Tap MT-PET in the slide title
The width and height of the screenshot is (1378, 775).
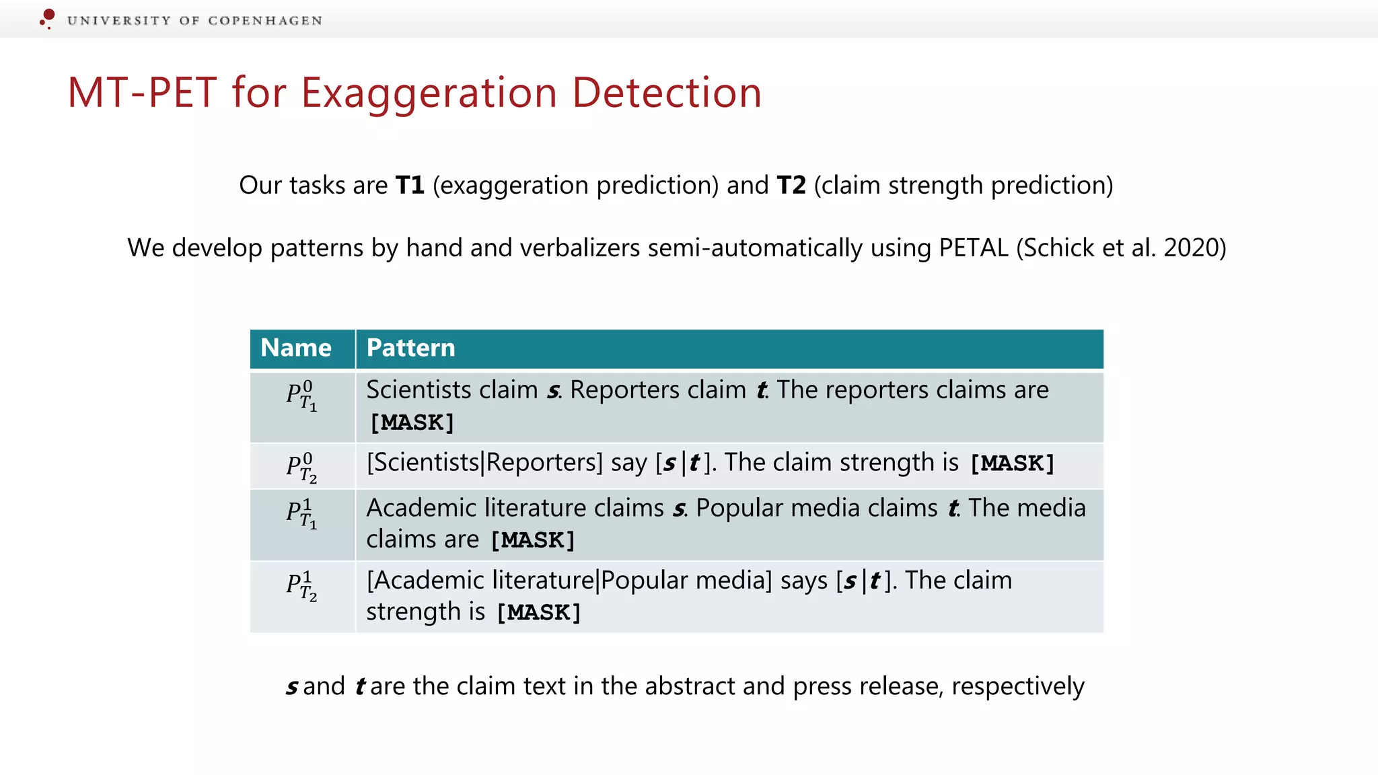(x=142, y=92)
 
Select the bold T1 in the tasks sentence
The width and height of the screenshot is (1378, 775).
(x=410, y=185)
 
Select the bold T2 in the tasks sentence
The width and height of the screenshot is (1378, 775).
(x=791, y=185)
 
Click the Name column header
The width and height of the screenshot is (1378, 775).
(x=296, y=348)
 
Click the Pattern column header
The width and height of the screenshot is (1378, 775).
(x=410, y=348)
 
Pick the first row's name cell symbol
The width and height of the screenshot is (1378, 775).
(x=301, y=396)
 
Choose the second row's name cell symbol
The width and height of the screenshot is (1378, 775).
(x=301, y=468)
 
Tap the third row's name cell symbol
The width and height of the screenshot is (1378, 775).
(x=301, y=514)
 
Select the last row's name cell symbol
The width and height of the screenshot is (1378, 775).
(x=301, y=586)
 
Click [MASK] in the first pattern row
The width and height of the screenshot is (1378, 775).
(x=412, y=422)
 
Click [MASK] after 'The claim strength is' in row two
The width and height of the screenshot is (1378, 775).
(x=1011, y=464)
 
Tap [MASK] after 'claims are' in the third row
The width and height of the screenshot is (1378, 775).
(x=532, y=540)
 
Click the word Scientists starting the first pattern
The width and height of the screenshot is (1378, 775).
(x=419, y=390)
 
